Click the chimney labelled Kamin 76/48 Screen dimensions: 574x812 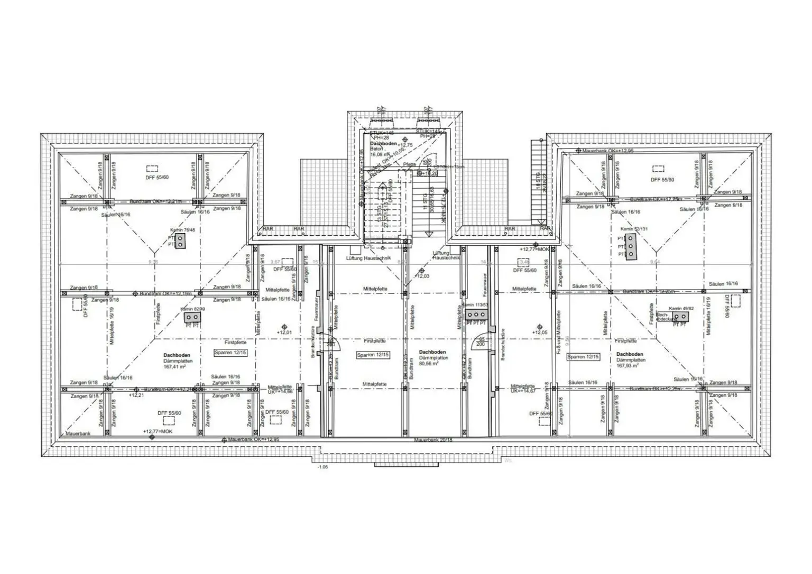pyautogui.click(x=180, y=242)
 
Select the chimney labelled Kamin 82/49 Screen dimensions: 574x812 pyautogui.click(x=191, y=317)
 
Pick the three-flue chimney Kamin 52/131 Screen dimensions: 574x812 pyautogui.click(x=630, y=246)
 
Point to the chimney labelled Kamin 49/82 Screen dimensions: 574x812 pyautogui.click(x=680, y=317)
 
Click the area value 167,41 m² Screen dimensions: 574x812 pyautogui.click(x=178, y=366)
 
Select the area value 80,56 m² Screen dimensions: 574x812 pyautogui.click(x=433, y=364)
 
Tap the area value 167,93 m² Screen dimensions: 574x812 pyautogui.click(x=628, y=365)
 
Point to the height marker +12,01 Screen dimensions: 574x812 pyautogui.click(x=284, y=332)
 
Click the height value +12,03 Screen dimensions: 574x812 pyautogui.click(x=422, y=276)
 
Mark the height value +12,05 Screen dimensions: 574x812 pyautogui.click(x=540, y=333)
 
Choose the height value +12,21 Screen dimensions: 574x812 pyautogui.click(x=136, y=395)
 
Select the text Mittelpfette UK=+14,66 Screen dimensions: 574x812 pyautogui.click(x=280, y=390)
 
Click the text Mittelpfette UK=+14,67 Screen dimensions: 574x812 pyautogui.click(x=523, y=389)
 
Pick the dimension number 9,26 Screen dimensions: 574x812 pyautogui.click(x=153, y=262)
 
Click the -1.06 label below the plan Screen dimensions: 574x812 pyautogui.click(x=322, y=467)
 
